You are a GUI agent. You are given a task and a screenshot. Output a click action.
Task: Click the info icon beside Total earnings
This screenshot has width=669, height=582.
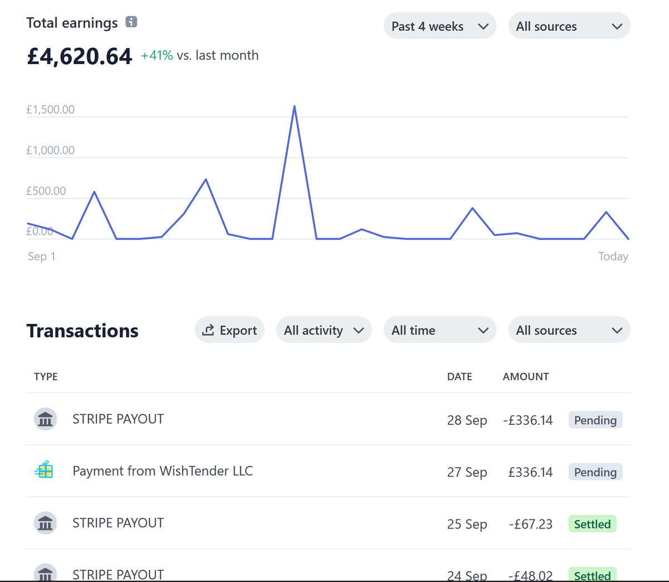click(x=131, y=22)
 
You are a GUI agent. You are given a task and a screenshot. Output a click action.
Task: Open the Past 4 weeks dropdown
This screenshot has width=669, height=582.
click(x=440, y=26)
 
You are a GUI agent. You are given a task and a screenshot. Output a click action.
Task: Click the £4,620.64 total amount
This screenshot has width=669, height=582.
click(x=80, y=56)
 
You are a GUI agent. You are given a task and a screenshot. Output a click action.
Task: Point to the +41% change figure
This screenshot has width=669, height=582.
click(x=157, y=55)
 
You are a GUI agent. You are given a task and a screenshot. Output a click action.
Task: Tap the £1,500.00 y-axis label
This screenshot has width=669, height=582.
click(x=50, y=109)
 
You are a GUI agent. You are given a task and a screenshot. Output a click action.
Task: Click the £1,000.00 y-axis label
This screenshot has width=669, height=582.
click(x=50, y=150)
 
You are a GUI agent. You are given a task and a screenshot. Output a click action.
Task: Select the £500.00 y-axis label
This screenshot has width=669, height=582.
click(x=46, y=191)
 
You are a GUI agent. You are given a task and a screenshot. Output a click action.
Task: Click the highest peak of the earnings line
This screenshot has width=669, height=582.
click(x=294, y=106)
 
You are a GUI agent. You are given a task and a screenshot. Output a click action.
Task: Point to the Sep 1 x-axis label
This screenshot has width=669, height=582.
click(x=41, y=256)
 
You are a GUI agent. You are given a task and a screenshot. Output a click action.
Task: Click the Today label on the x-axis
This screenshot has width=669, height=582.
click(x=613, y=256)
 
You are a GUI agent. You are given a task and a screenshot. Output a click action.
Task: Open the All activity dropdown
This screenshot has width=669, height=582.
click(x=324, y=330)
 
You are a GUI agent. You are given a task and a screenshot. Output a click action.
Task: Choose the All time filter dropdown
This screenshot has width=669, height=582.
click(x=440, y=330)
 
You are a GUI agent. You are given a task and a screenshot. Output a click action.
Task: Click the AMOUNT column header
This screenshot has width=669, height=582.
click(x=526, y=377)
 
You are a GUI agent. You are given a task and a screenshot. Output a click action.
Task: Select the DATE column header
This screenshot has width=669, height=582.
click(x=459, y=377)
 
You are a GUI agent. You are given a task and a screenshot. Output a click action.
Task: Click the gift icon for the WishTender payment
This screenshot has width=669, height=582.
click(x=44, y=469)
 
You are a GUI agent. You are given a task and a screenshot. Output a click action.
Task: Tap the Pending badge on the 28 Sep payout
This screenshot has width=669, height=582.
click(x=595, y=420)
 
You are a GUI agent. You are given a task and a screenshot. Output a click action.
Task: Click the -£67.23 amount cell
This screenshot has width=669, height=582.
click(x=531, y=524)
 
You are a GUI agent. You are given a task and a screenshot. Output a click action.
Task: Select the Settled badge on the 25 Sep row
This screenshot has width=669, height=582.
click(x=593, y=524)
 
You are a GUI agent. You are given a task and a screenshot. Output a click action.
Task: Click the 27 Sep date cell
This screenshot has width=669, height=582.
click(x=467, y=472)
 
